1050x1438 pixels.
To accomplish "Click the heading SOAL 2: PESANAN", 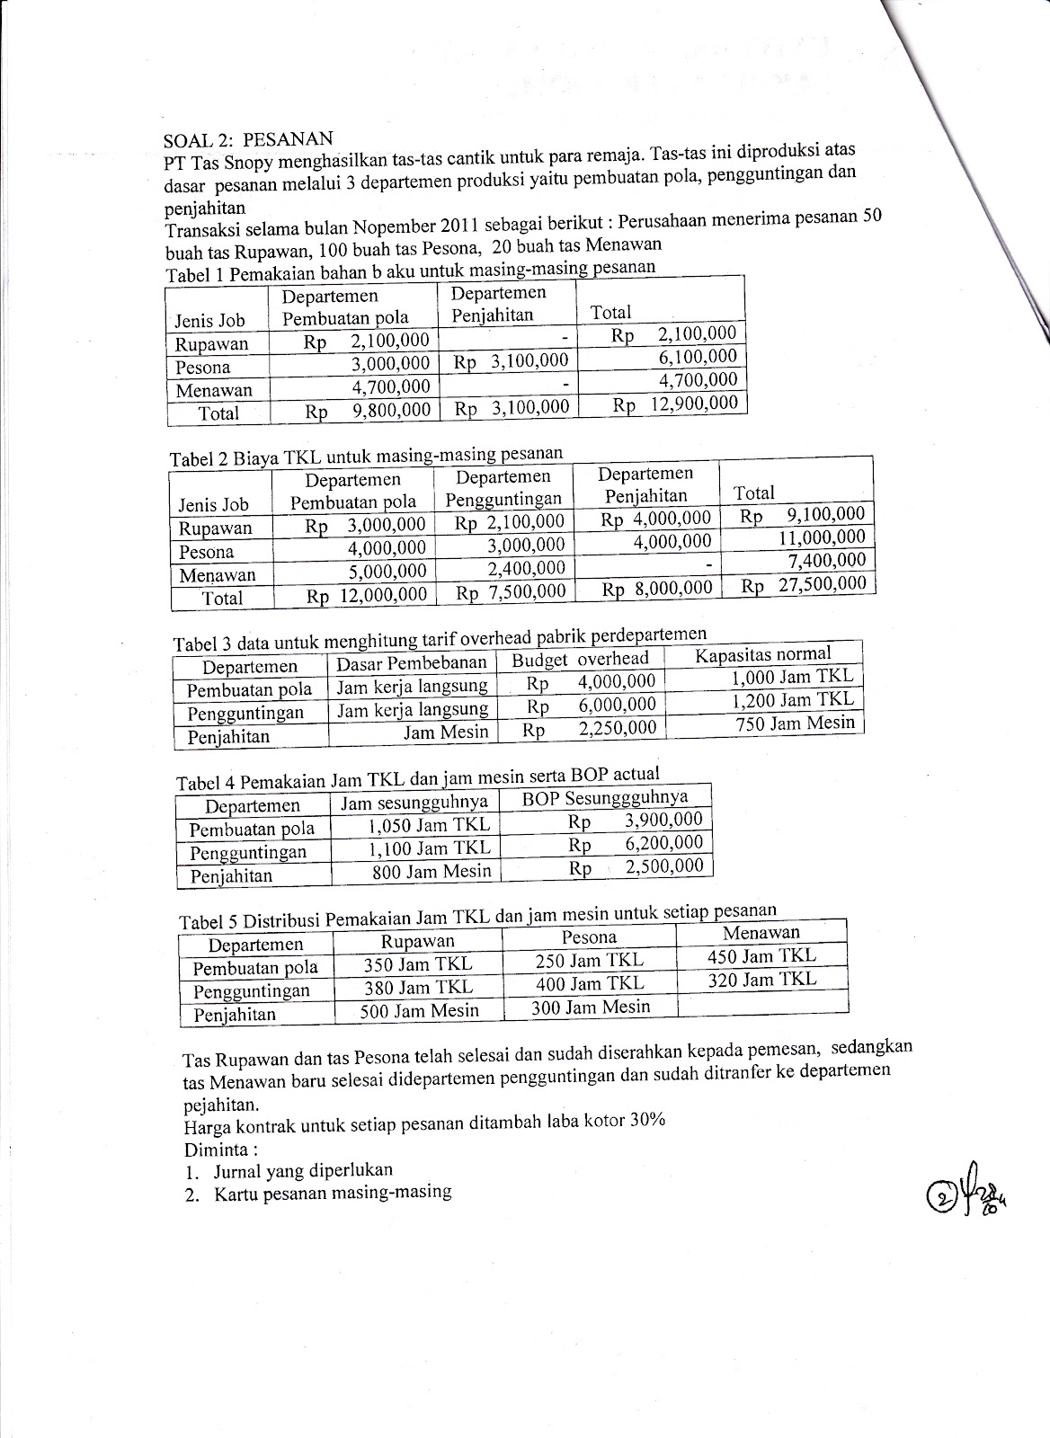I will click(x=247, y=139).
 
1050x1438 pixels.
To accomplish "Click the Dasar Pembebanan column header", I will click(x=411, y=663).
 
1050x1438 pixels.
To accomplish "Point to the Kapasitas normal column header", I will click(x=763, y=654).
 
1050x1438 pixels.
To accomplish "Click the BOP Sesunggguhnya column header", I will click(x=606, y=798).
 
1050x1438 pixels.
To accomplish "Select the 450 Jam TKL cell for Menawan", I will click(x=761, y=956).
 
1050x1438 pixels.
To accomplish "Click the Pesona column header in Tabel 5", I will click(x=589, y=936).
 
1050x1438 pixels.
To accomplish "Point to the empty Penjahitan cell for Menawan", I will click(x=761, y=1002).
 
